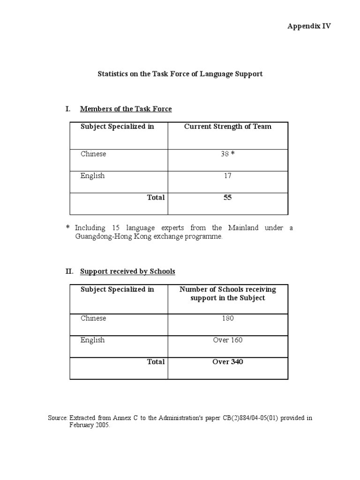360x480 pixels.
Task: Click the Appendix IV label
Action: [x=309, y=26]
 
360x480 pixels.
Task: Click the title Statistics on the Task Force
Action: [x=180, y=74]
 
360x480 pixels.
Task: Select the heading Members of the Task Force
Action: [x=126, y=109]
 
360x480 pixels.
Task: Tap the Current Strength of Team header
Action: [x=227, y=127]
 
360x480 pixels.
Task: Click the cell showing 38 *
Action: [x=227, y=154]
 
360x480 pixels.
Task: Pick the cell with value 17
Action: [x=227, y=176]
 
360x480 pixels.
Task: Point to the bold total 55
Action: [x=227, y=197]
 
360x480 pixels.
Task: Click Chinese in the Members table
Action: [x=93, y=154]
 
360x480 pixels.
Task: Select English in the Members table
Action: [x=92, y=176]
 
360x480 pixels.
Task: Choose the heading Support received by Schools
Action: [x=127, y=271]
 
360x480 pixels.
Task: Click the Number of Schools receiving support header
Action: [x=227, y=293]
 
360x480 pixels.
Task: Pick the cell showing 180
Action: [x=227, y=318]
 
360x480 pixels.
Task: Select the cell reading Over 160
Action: [x=227, y=340]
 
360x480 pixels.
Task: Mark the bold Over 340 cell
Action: [x=227, y=362]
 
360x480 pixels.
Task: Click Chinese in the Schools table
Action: [x=93, y=318]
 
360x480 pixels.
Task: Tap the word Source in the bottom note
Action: [x=58, y=418]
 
